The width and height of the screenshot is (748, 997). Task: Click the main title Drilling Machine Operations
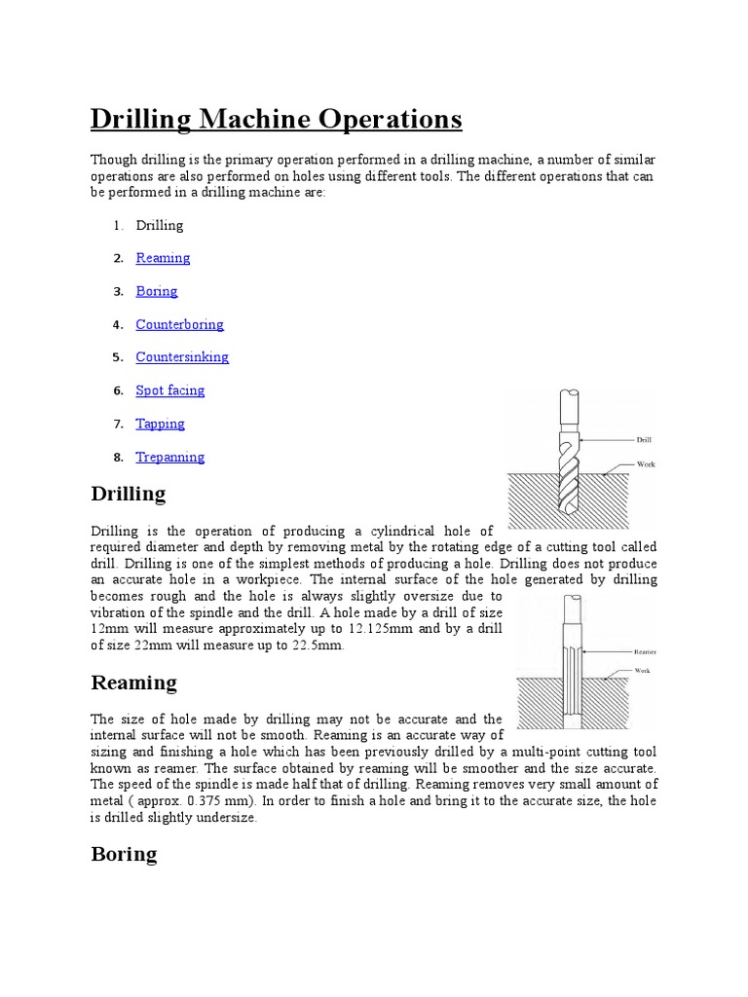click(x=276, y=120)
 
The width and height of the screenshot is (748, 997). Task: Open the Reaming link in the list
click(x=163, y=258)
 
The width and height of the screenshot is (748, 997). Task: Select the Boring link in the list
click(x=157, y=291)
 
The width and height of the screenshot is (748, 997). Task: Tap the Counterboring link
click(x=179, y=324)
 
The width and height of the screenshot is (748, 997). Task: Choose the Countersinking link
click(x=182, y=357)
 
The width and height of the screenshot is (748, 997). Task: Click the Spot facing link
click(x=170, y=390)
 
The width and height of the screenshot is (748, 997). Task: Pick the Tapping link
click(x=160, y=424)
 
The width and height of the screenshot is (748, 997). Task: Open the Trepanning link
click(x=170, y=457)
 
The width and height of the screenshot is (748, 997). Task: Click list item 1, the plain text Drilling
click(x=160, y=225)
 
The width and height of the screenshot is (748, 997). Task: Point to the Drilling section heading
click(x=129, y=494)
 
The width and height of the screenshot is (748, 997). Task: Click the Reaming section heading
click(x=133, y=683)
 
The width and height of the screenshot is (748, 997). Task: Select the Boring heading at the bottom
click(x=124, y=854)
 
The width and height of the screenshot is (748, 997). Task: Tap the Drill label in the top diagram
click(x=644, y=440)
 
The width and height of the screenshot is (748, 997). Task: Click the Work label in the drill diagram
click(x=646, y=464)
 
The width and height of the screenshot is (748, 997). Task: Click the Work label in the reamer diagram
click(x=642, y=671)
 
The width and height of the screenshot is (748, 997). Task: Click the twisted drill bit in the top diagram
click(x=569, y=477)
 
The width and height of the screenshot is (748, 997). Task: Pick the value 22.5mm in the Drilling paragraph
click(x=318, y=646)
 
